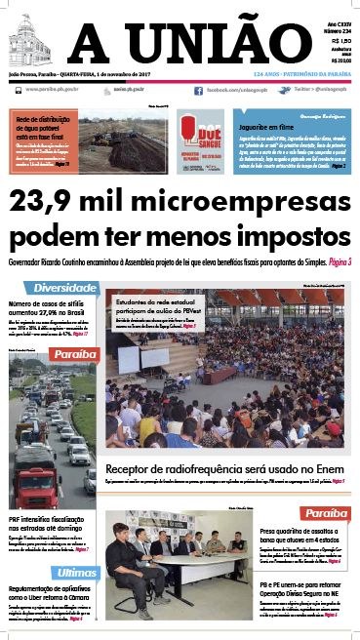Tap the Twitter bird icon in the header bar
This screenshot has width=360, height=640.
[x=284, y=90]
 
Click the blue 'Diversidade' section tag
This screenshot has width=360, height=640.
[x=63, y=289]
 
